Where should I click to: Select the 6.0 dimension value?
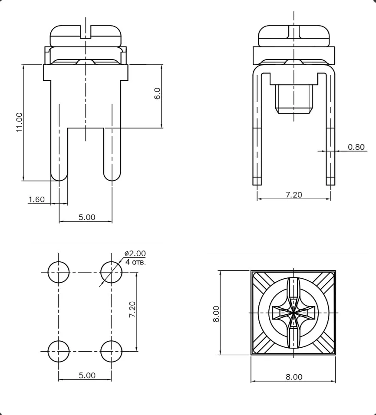click(x=157, y=93)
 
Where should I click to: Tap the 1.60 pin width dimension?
click(x=36, y=199)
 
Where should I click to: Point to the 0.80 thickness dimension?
click(x=356, y=147)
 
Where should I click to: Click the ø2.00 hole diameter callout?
click(x=135, y=254)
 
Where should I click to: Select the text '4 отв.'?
click(x=135, y=262)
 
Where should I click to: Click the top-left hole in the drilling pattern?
click(x=59, y=272)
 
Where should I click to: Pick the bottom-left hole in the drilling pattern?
click(x=59, y=351)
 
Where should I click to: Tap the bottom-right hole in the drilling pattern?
click(x=111, y=351)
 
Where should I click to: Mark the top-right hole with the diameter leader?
click(x=111, y=272)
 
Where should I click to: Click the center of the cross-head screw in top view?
click(x=294, y=312)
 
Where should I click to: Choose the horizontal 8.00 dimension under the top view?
click(x=294, y=377)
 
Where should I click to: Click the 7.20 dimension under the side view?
click(x=294, y=194)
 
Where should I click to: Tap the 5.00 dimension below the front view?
click(x=87, y=217)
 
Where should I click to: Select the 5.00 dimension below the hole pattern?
click(x=87, y=375)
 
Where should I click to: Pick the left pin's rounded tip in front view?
click(x=59, y=175)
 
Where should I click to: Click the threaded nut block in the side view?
click(x=294, y=99)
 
